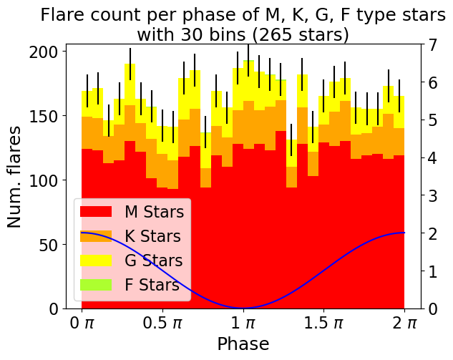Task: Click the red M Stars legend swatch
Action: [x=96, y=212]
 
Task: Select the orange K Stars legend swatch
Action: [x=96, y=235]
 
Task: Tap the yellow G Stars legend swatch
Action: [x=96, y=261]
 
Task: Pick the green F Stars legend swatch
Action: [x=96, y=285]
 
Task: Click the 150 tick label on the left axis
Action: [x=46, y=116]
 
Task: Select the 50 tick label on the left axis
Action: [x=50, y=245]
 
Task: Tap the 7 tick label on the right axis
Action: [x=432, y=45]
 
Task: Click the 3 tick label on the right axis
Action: [x=432, y=196]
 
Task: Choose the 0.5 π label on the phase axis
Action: [x=162, y=323]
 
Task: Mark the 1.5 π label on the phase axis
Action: [x=323, y=323]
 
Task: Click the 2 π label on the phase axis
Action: [x=404, y=323]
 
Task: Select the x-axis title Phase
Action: [x=243, y=344]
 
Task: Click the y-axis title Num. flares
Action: [x=14, y=177]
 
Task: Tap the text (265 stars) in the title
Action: [x=298, y=34]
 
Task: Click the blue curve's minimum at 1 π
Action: [x=243, y=308]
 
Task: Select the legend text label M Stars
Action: [x=155, y=212]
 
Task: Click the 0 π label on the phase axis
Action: [x=82, y=323]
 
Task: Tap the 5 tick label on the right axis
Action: [x=432, y=120]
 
